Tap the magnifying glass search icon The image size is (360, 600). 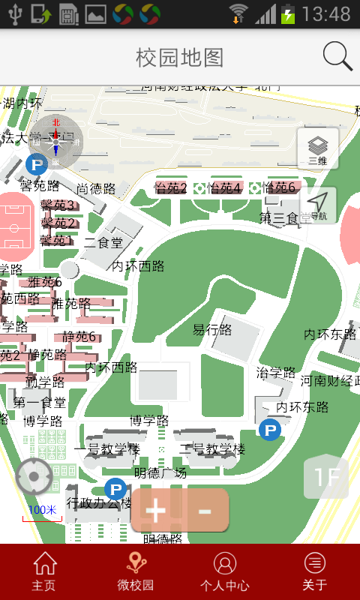pos(337,57)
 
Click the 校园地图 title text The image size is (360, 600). pos(180,57)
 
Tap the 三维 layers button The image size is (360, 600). pos(318,148)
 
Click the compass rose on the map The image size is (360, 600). pos(56,141)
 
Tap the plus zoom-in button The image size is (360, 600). pos(156,511)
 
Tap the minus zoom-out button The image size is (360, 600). pos(204,511)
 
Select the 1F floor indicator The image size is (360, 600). pos(326,477)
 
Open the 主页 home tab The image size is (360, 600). pos(44,571)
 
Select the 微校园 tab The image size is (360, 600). pos(135,571)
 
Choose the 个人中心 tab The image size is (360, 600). pos(225,571)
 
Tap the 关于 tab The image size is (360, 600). pos(315,571)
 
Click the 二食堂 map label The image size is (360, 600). pos(103,243)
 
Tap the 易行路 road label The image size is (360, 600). pos(212,330)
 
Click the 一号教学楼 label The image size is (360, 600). pos(106,449)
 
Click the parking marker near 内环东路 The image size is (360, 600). pos(270,430)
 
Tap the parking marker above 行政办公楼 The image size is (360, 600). pos(115,487)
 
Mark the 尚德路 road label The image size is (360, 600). pos(96,189)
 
